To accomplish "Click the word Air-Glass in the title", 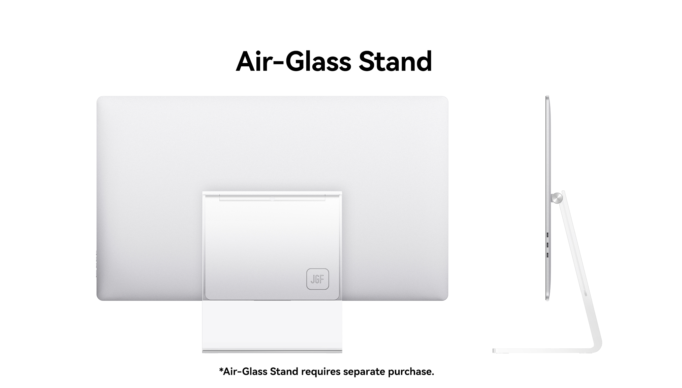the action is tap(293, 61).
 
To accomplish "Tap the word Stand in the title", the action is tap(395, 61).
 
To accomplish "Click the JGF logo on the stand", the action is tap(317, 279).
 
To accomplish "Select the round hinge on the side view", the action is tap(556, 198).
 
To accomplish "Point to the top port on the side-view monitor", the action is tap(548, 234).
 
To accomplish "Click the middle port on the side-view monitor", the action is tap(548, 245).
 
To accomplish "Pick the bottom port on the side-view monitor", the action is tap(548, 255).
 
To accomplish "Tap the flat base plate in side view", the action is tap(539, 351).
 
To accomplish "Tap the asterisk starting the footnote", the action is tap(221, 370).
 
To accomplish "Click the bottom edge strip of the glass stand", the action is tap(272, 351).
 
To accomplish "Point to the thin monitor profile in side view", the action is tap(547, 198).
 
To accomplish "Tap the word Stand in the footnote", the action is tap(284, 371).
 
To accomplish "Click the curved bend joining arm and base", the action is tap(595, 347).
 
